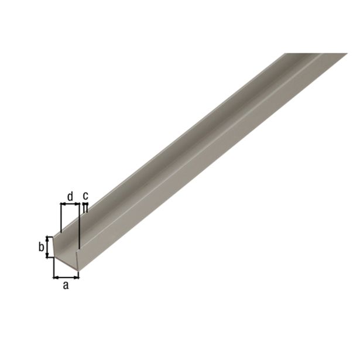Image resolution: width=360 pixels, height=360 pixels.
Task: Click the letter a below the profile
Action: tap(66, 285)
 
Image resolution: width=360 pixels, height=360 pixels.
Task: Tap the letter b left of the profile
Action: tap(42, 246)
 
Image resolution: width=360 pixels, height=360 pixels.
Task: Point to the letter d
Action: tap(70, 196)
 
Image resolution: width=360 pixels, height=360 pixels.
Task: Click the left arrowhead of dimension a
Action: tap(56, 276)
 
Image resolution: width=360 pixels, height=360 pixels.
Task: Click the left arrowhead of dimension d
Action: tap(63, 205)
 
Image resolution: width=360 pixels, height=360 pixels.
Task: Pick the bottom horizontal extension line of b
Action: tap(50, 257)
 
